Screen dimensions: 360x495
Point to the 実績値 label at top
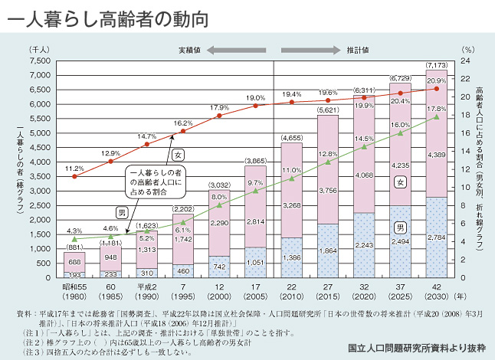189,51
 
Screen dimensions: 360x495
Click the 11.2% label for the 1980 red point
74,168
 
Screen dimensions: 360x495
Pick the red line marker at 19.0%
256,106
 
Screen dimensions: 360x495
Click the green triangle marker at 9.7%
256,191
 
